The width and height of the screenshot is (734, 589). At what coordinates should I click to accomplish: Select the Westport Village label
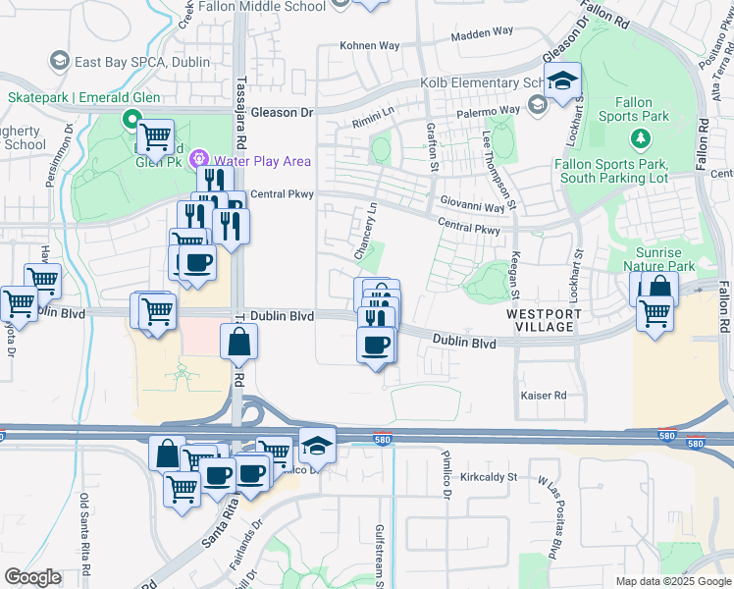point(544,320)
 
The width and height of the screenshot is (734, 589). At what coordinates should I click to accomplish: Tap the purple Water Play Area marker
point(199,158)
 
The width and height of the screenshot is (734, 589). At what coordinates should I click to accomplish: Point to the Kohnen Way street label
point(369,45)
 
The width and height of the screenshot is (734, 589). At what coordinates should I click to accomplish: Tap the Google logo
point(33,577)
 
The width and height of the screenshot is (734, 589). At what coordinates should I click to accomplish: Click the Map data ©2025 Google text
point(672,581)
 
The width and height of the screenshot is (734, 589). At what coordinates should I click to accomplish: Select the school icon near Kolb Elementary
point(563,81)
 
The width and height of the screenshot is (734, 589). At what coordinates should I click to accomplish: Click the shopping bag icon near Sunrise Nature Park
point(660,288)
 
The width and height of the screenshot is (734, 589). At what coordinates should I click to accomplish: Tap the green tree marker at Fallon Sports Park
point(639,139)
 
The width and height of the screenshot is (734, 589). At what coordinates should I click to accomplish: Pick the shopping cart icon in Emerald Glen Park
point(155,136)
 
